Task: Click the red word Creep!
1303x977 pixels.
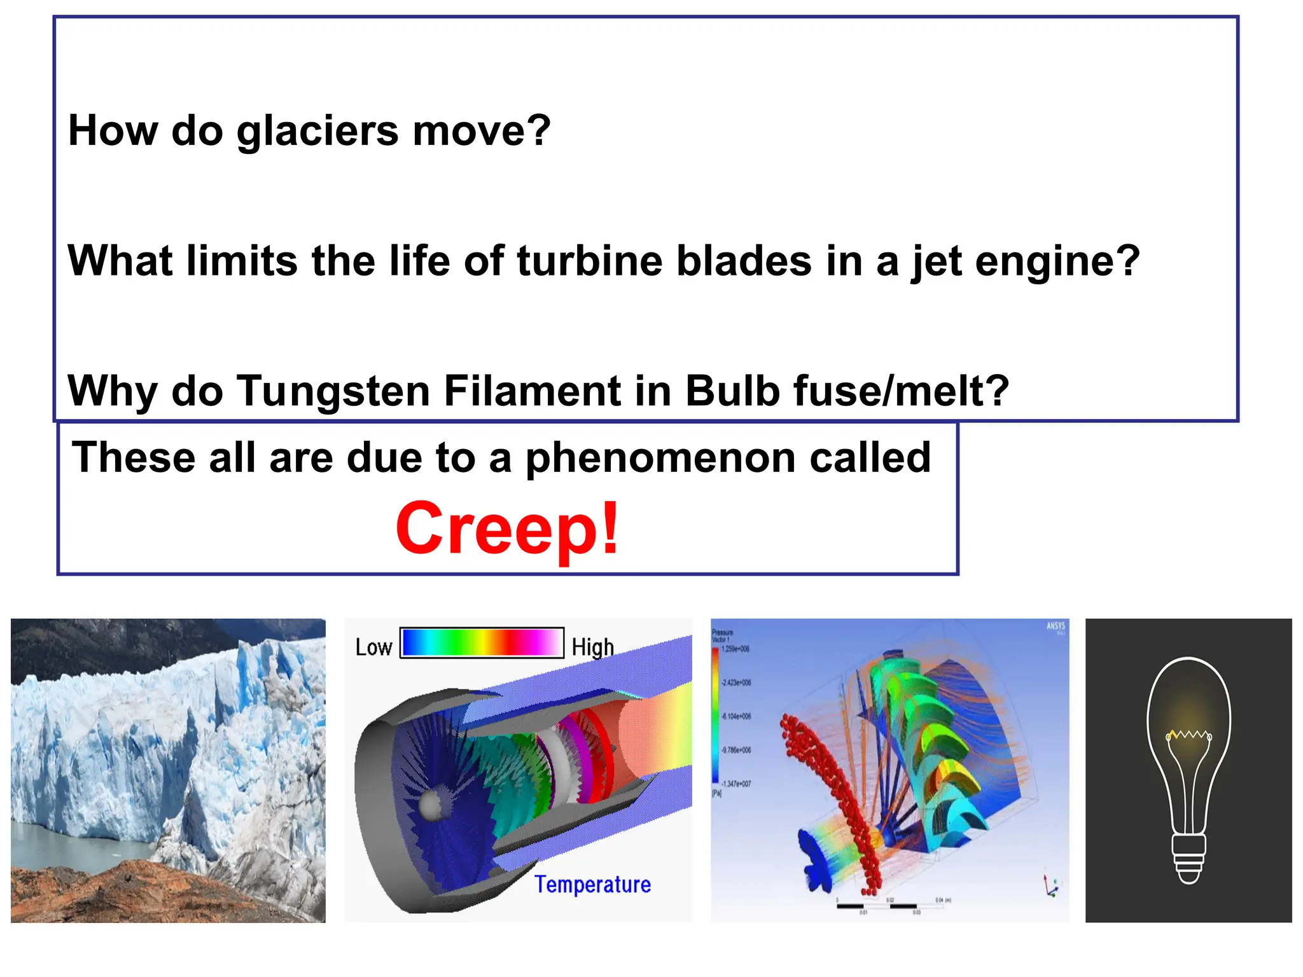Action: (x=507, y=528)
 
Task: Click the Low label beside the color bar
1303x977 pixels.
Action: (x=373, y=648)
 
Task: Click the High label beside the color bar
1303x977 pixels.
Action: (x=592, y=648)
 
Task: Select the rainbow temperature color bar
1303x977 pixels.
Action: (x=482, y=642)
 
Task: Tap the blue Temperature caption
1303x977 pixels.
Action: (x=592, y=885)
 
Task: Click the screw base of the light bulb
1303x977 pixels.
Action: (x=1188, y=859)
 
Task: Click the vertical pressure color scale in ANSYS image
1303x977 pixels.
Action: (x=716, y=716)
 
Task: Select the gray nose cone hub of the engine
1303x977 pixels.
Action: (x=431, y=805)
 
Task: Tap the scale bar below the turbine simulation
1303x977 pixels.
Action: (x=891, y=905)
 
